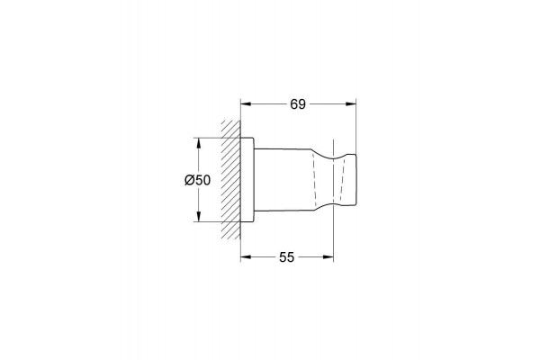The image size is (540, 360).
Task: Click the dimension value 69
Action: [298, 104]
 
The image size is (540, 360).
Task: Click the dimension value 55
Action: [287, 257]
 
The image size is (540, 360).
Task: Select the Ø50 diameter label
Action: [197, 180]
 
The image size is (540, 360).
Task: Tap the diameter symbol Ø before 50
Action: [189, 180]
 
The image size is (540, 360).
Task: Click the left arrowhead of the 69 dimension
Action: [245, 103]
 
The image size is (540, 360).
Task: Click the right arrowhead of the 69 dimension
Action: [351, 103]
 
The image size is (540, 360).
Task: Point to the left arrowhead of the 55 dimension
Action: [245, 256]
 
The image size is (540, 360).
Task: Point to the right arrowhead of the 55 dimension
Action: [328, 256]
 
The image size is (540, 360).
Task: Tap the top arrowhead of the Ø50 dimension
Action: [198, 143]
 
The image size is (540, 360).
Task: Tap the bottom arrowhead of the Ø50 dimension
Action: [198, 216]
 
